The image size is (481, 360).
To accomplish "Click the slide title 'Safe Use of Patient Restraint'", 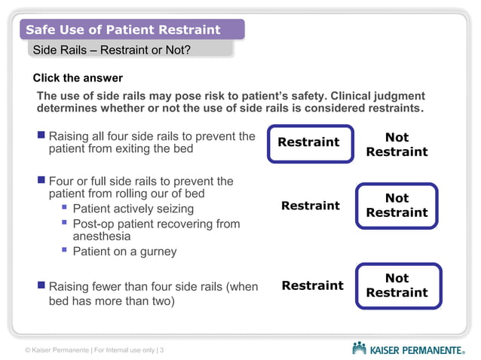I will [x=123, y=30].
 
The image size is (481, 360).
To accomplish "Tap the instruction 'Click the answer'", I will [x=78, y=78].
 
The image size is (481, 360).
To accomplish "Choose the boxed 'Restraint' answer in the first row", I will [x=309, y=143].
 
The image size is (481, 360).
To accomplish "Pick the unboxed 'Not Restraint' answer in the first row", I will [x=397, y=145].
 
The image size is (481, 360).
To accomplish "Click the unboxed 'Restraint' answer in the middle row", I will [x=310, y=206].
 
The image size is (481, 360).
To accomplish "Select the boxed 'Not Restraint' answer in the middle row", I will [x=397, y=206].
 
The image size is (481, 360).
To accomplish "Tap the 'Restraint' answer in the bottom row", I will [x=312, y=285].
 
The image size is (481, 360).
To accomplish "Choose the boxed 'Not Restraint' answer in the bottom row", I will [x=397, y=285].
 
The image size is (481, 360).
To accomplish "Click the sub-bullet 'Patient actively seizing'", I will [x=133, y=209].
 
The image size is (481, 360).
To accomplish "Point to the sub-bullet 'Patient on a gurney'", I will [x=124, y=252].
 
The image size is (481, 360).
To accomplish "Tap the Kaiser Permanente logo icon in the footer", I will [x=360, y=348].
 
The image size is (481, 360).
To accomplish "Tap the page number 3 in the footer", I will [x=162, y=350].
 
